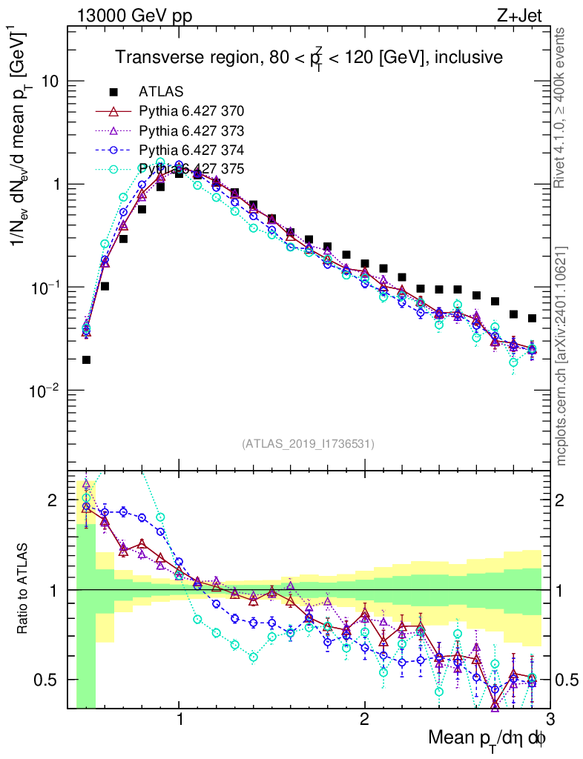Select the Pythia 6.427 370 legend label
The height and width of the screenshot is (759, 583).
click(191, 112)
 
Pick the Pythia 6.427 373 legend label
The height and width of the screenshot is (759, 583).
click(191, 131)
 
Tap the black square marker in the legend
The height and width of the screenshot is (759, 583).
click(114, 93)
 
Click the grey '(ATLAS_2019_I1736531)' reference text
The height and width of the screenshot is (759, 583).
click(308, 444)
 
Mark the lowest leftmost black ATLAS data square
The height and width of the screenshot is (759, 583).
click(86, 359)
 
